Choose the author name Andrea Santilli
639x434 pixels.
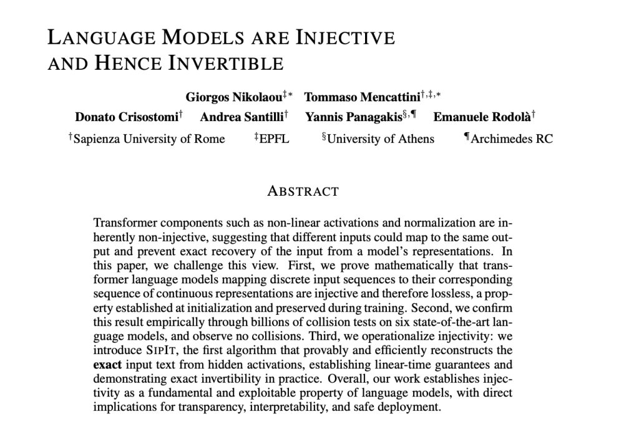tap(240, 117)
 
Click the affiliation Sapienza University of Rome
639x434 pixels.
tap(149, 138)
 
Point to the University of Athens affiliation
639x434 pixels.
tap(380, 138)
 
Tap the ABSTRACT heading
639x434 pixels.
tap(303, 191)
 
